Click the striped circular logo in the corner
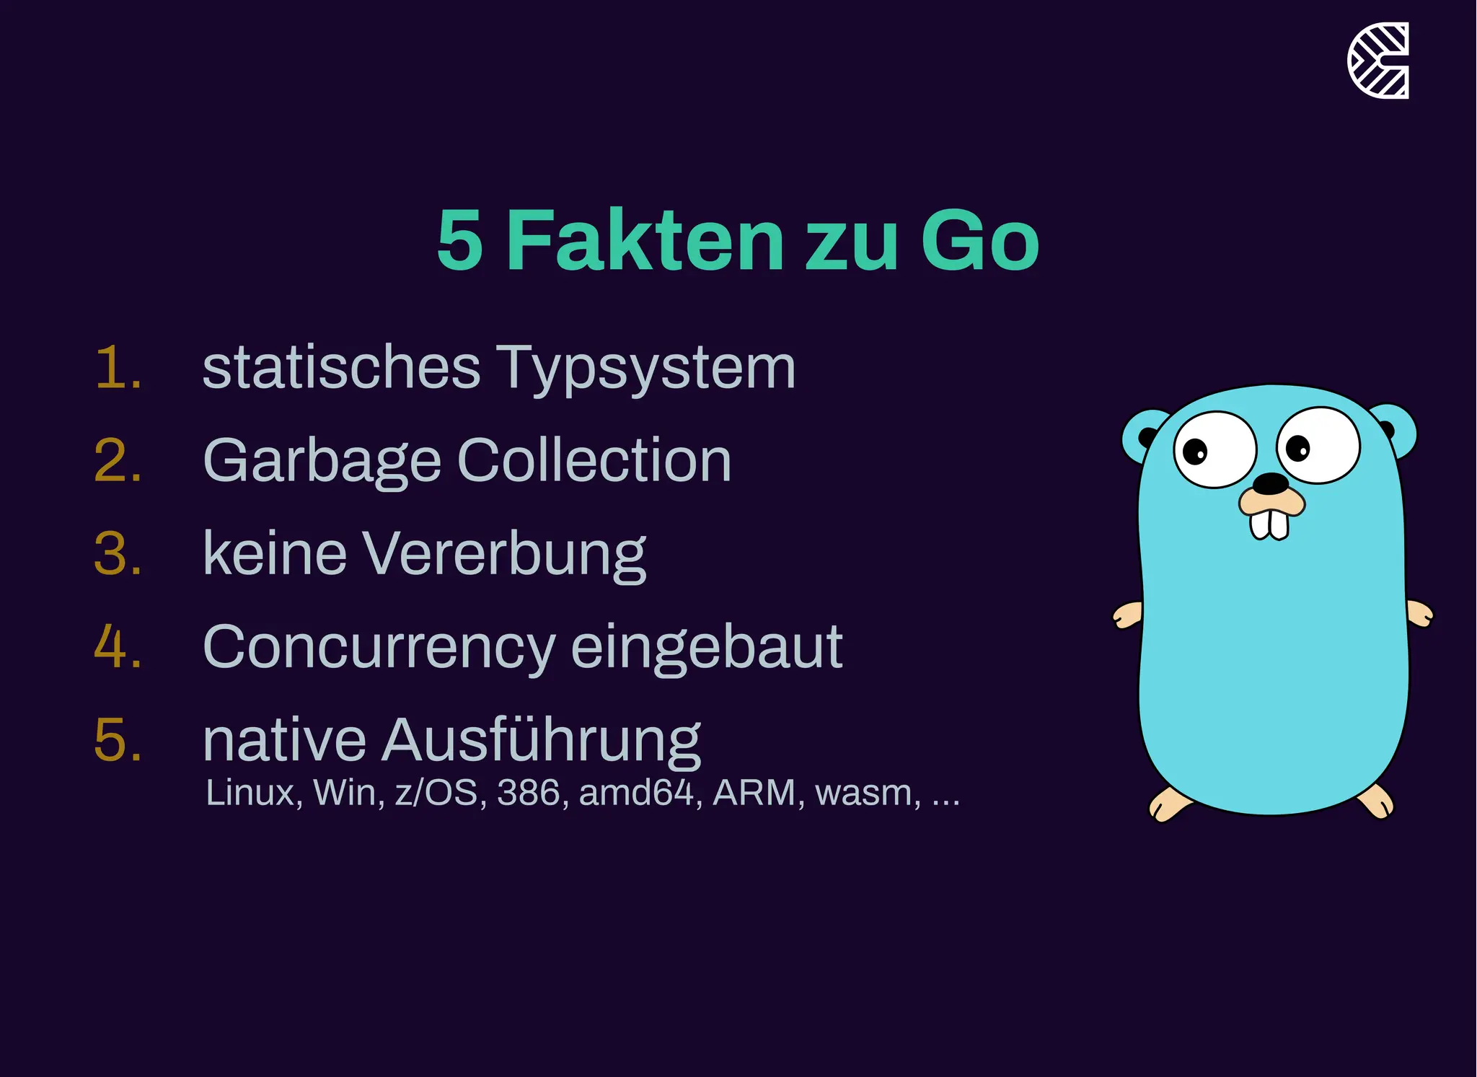click(1378, 61)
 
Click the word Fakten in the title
click(645, 240)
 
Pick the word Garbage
click(322, 462)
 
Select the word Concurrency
click(379, 648)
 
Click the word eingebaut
click(707, 648)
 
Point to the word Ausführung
click(541, 741)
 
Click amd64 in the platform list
click(636, 793)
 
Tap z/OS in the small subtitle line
click(436, 793)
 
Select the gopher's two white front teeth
click(1269, 524)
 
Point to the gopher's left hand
click(1127, 615)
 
